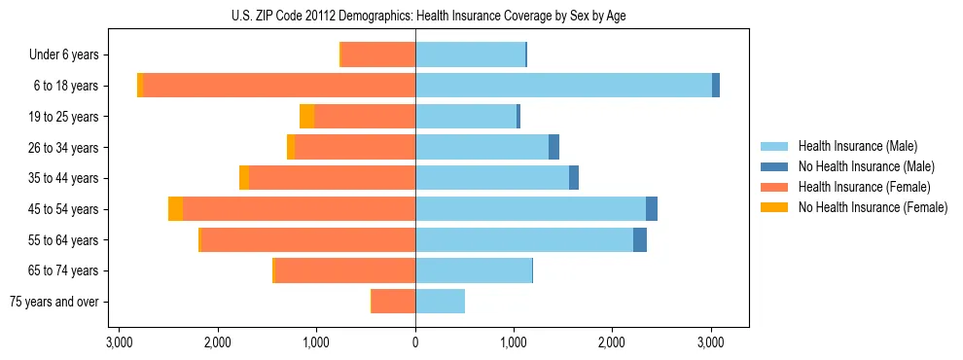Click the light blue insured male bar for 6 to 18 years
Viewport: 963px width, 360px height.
[x=563, y=86]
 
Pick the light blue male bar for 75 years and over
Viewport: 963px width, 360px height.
[x=440, y=302]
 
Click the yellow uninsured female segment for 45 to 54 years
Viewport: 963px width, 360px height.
[x=175, y=209]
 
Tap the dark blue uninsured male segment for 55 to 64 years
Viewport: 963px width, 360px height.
[x=639, y=240]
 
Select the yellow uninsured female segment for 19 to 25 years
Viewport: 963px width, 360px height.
[x=306, y=117]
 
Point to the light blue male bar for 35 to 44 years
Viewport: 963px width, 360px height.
[x=492, y=178]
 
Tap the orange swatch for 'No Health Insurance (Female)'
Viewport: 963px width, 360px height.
[x=775, y=207]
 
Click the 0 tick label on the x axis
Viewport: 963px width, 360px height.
[x=415, y=342]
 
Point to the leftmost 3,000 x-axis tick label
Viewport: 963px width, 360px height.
[x=119, y=342]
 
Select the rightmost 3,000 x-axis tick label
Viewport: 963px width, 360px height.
[x=711, y=342]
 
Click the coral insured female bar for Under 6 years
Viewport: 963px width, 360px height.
[x=378, y=54]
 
